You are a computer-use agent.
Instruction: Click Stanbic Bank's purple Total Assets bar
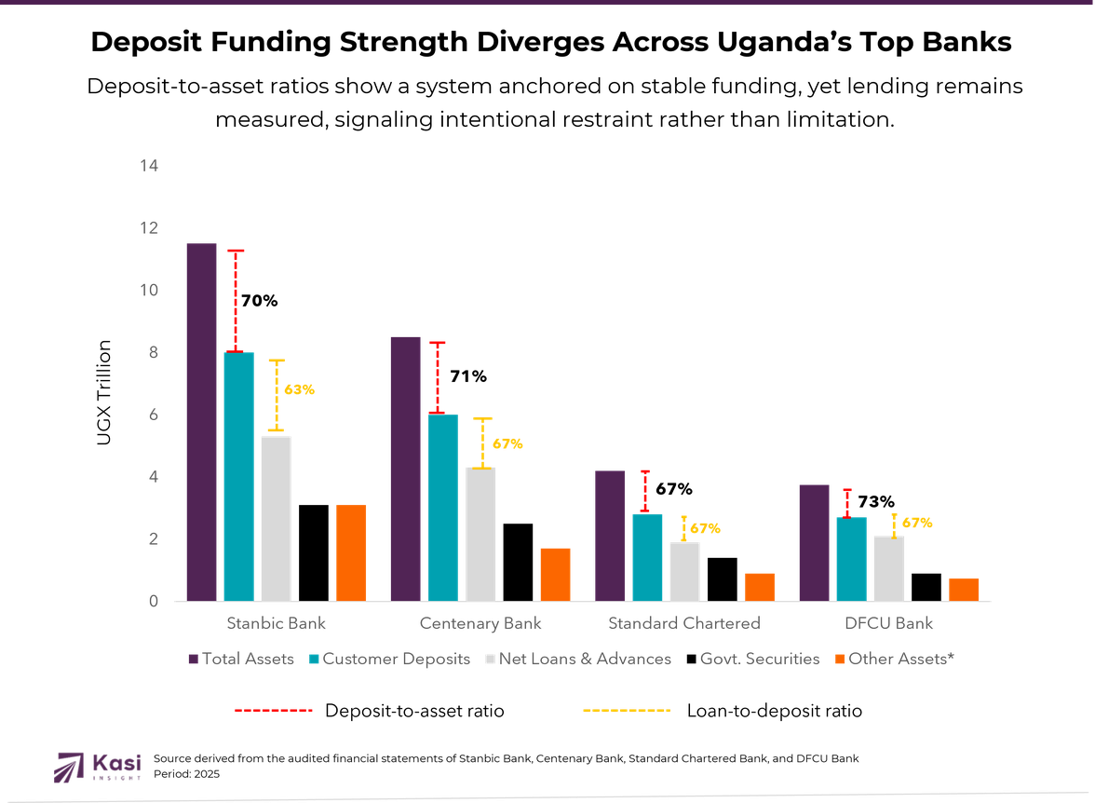(x=201, y=421)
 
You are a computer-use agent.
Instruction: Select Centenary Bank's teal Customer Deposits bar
(x=443, y=507)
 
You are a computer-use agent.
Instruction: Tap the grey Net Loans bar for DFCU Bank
(x=888, y=567)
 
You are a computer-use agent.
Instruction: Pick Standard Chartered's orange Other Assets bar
(x=759, y=586)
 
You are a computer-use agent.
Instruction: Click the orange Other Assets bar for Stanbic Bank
(x=351, y=552)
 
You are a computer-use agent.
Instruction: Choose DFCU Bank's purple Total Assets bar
(x=814, y=541)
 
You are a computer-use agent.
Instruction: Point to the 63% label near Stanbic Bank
(x=299, y=390)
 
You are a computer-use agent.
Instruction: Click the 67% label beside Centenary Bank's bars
(x=507, y=444)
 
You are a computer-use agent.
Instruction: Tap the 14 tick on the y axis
(x=149, y=166)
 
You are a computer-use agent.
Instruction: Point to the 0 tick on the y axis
(x=154, y=602)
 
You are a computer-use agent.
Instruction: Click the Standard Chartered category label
(x=684, y=622)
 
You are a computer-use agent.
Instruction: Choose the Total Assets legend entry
(x=241, y=659)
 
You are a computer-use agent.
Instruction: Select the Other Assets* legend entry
(x=894, y=659)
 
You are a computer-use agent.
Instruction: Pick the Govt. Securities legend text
(x=760, y=659)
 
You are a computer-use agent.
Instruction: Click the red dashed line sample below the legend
(x=273, y=711)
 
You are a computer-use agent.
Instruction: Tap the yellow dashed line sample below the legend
(x=626, y=711)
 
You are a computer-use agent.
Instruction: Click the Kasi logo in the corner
(x=98, y=766)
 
